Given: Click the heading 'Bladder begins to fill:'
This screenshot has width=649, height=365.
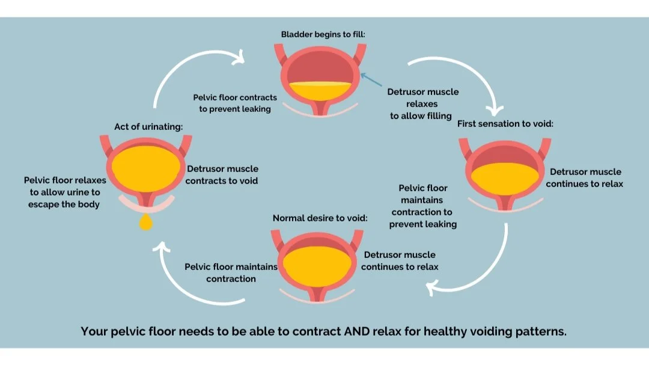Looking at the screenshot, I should [x=323, y=34].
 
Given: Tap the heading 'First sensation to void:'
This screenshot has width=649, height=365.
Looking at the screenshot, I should [x=505, y=123].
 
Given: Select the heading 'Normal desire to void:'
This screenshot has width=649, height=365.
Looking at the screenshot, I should [x=320, y=218].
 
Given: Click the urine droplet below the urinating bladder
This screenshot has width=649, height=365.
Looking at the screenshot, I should [x=145, y=224].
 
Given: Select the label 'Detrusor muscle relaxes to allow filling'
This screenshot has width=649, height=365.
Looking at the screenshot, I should [x=422, y=103].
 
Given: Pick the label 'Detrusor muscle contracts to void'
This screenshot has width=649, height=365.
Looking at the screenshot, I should [x=222, y=174].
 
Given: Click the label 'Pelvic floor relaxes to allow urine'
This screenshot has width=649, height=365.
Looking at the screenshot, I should [x=64, y=192].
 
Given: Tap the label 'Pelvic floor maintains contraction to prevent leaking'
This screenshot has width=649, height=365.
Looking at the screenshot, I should [x=423, y=206].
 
